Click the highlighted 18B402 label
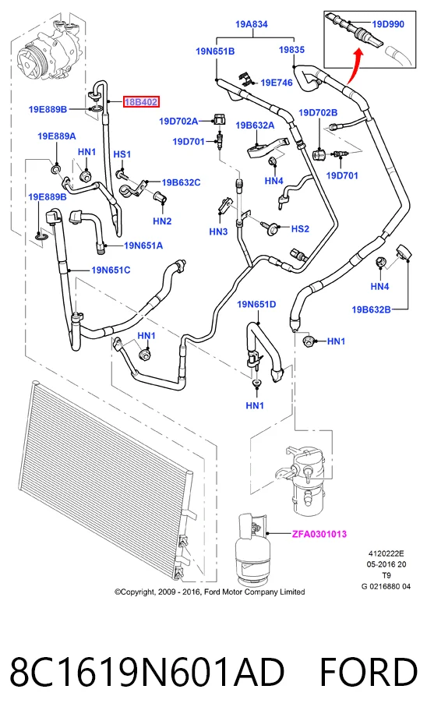(140, 101)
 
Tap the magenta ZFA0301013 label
(319, 534)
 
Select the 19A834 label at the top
(252, 23)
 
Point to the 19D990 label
(389, 23)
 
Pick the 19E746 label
(277, 83)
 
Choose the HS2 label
(300, 228)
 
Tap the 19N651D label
(256, 304)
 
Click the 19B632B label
(371, 309)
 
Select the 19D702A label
(178, 121)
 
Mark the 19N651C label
(111, 269)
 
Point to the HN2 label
(162, 221)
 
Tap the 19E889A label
(57, 136)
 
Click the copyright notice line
(210, 592)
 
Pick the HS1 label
(122, 154)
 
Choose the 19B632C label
(181, 182)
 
